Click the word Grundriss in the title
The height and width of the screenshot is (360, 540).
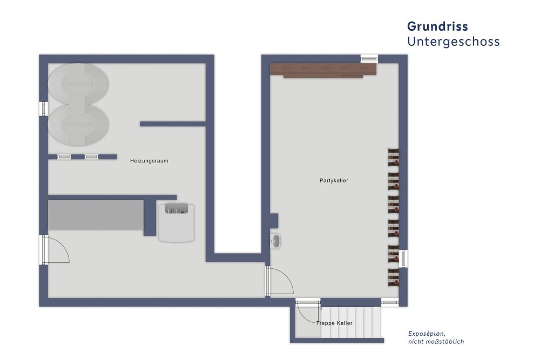(437, 26)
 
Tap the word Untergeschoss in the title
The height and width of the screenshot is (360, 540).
(453, 42)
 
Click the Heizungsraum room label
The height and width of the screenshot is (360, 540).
(149, 161)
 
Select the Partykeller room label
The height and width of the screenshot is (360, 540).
(334, 180)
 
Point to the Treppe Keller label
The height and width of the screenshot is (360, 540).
(334, 323)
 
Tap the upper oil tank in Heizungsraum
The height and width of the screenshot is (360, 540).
(78, 84)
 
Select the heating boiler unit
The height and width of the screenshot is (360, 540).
(177, 222)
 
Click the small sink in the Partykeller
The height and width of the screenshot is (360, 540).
(275, 241)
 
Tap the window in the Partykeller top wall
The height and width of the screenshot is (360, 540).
(369, 58)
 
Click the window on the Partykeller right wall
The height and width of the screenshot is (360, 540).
(403, 259)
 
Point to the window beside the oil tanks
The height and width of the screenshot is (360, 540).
(43, 109)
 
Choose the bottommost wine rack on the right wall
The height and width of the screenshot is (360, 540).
(394, 277)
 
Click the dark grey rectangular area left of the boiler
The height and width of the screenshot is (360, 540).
(96, 215)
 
